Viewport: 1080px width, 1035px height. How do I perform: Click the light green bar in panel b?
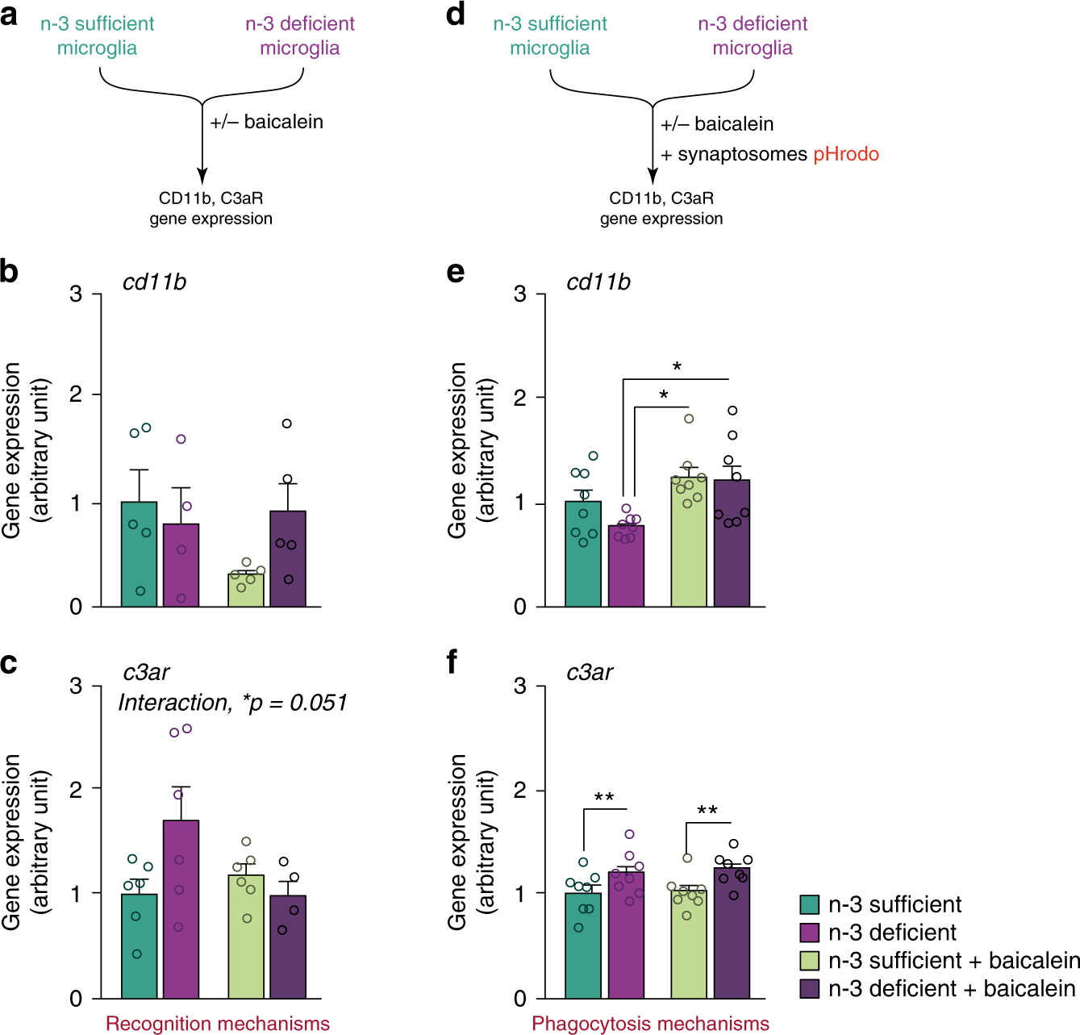click(246, 590)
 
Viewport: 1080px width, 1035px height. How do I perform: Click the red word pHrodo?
click(845, 154)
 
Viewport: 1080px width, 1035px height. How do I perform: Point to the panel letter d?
click(456, 15)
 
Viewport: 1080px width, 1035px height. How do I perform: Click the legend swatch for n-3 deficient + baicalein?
click(810, 988)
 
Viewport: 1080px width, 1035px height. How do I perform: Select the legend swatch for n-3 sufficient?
click(810, 904)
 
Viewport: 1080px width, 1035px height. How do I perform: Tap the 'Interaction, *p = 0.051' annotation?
click(232, 703)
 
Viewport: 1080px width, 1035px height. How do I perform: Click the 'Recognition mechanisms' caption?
click(218, 1024)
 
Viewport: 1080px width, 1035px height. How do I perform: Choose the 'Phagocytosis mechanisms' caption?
click(650, 1024)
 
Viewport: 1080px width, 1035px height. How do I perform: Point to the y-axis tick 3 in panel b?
click(76, 294)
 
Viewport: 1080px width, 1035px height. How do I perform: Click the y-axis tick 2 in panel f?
click(520, 790)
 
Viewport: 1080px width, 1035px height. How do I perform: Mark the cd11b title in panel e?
click(598, 282)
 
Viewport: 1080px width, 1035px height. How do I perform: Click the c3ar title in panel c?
click(146, 672)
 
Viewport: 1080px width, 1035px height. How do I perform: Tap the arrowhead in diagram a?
click(202, 175)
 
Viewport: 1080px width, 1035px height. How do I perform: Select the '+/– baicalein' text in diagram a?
click(267, 122)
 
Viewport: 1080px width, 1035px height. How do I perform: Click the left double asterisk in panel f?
click(604, 798)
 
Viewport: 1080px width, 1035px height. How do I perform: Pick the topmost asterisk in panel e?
click(677, 367)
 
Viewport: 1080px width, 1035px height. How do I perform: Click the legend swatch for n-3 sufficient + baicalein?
click(810, 961)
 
